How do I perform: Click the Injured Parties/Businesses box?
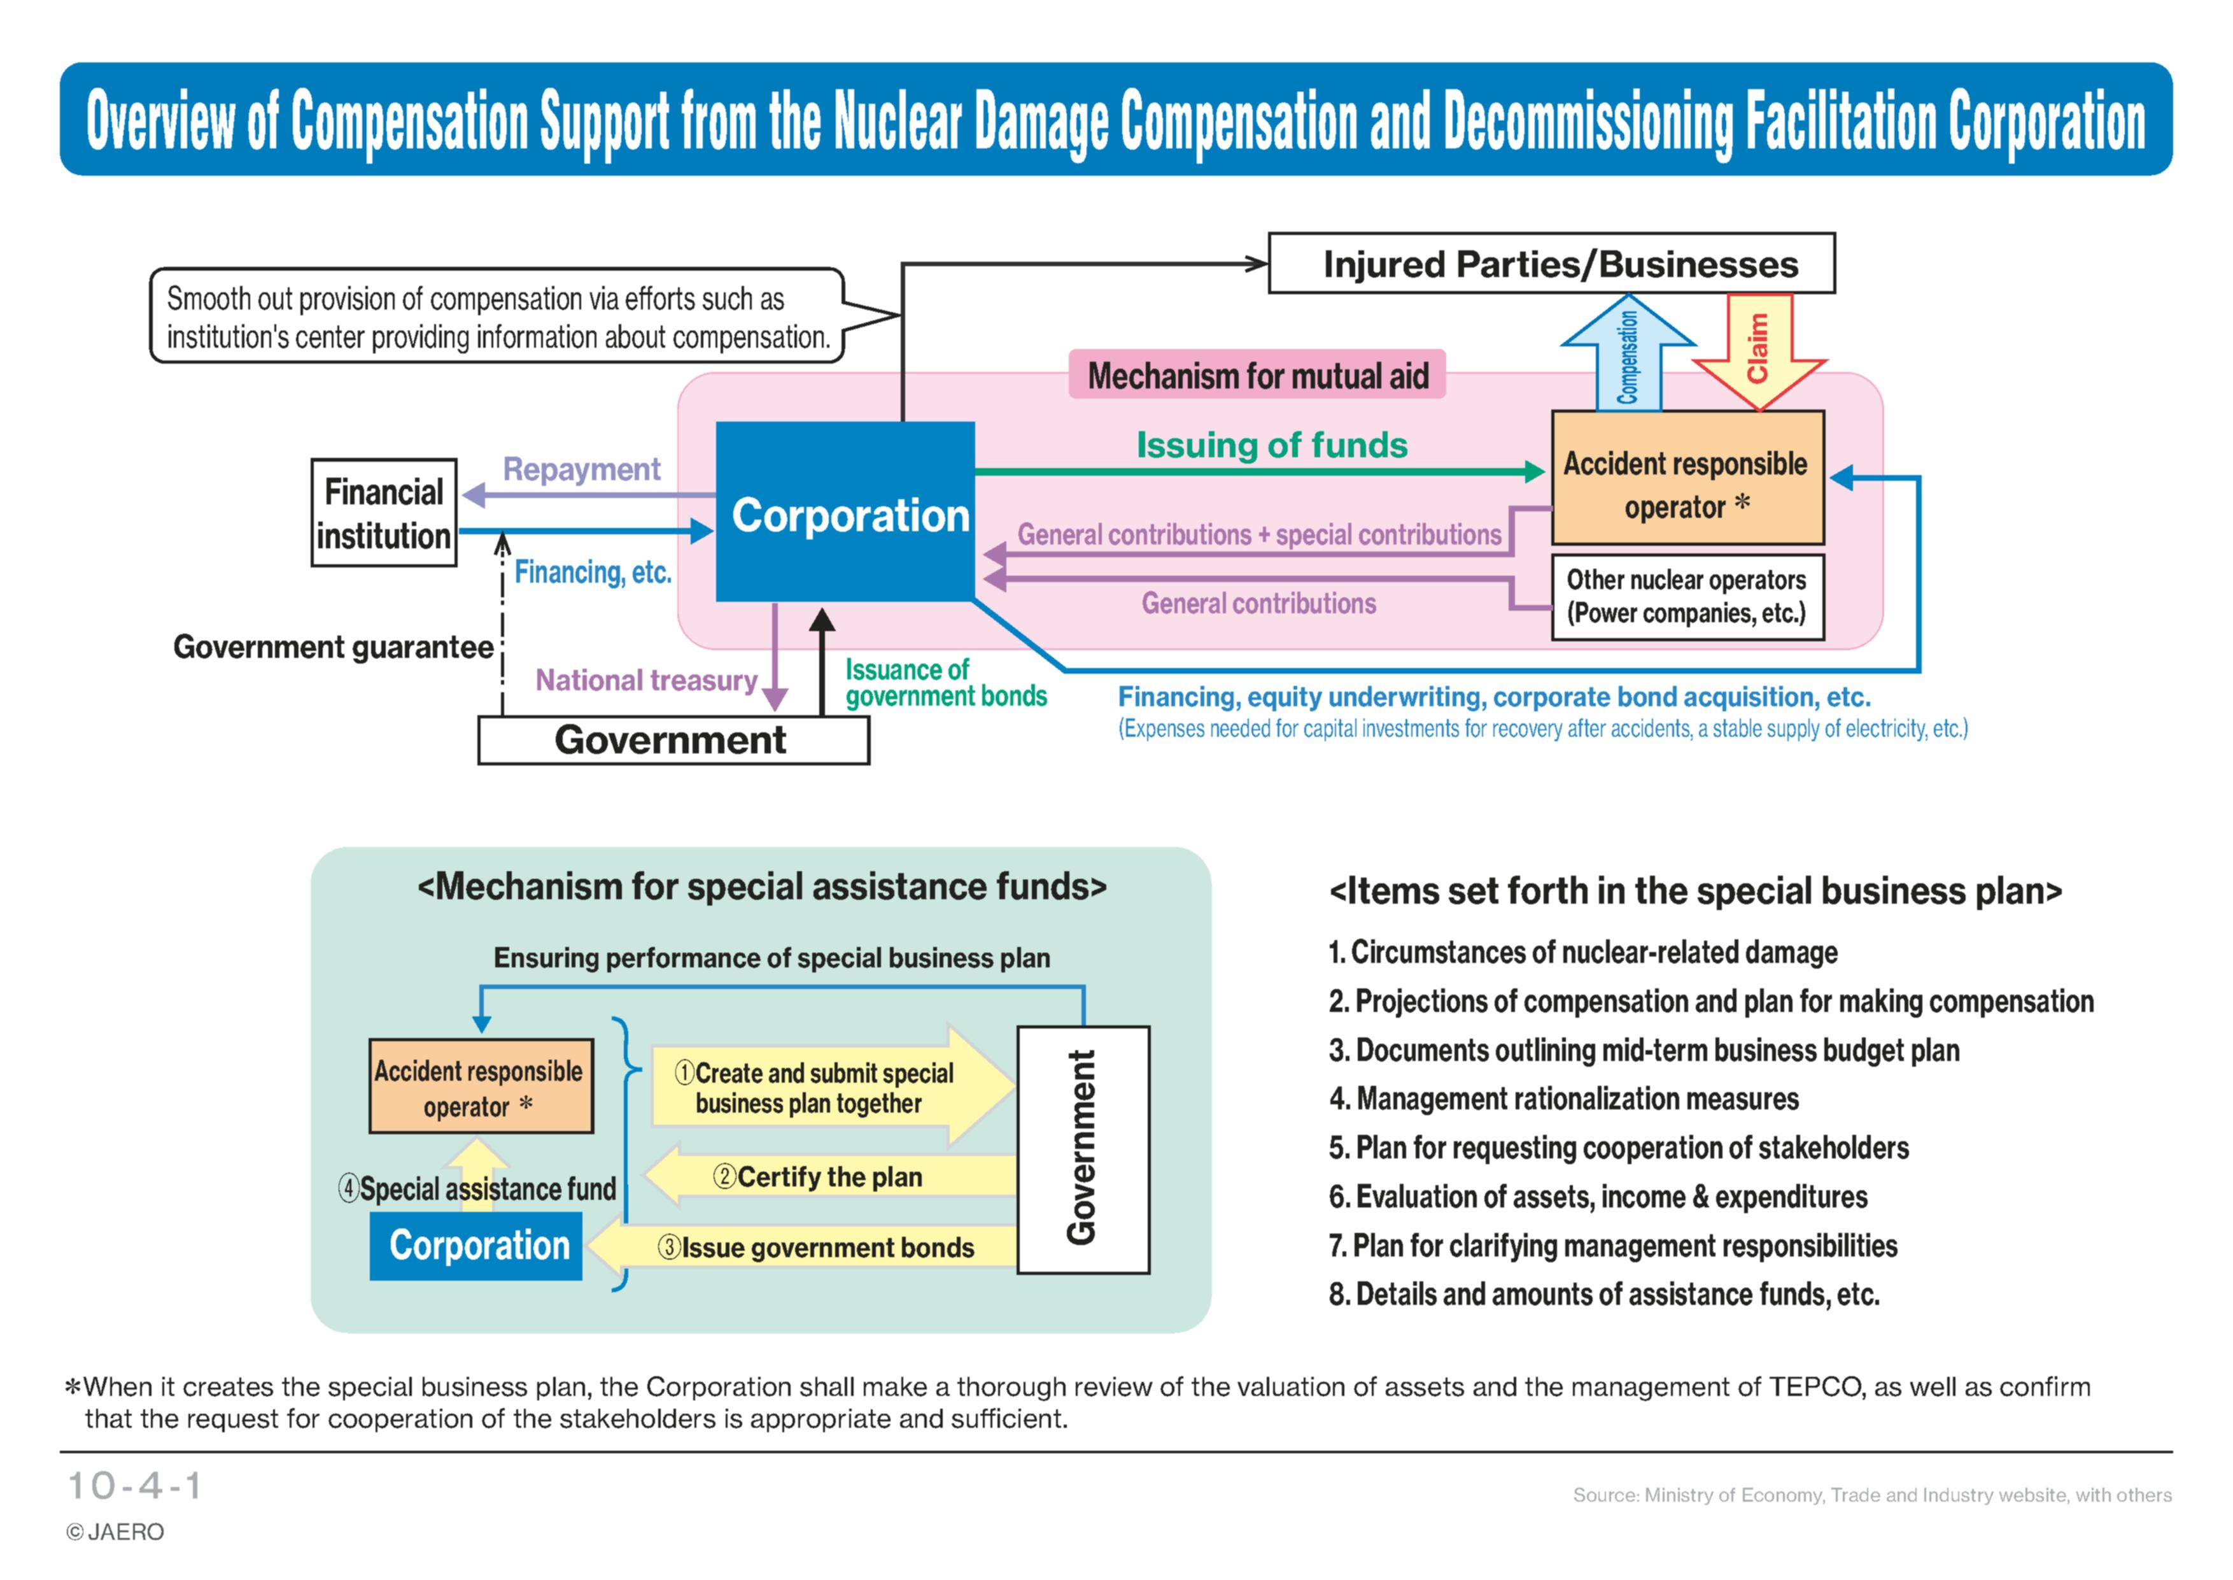tap(1551, 262)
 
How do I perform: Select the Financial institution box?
tap(384, 513)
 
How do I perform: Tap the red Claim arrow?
tap(1759, 350)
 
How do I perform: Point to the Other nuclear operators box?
tap(1687, 596)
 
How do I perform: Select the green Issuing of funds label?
tap(1272, 445)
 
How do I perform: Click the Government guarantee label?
tap(333, 647)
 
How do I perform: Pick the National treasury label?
tap(646, 680)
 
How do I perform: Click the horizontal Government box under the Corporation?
tap(673, 741)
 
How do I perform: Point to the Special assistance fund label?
tap(477, 1189)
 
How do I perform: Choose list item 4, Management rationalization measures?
tap(1564, 1099)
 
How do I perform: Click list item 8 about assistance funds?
tap(1603, 1294)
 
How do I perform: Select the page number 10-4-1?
tap(134, 1486)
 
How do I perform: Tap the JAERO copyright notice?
tap(115, 1532)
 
